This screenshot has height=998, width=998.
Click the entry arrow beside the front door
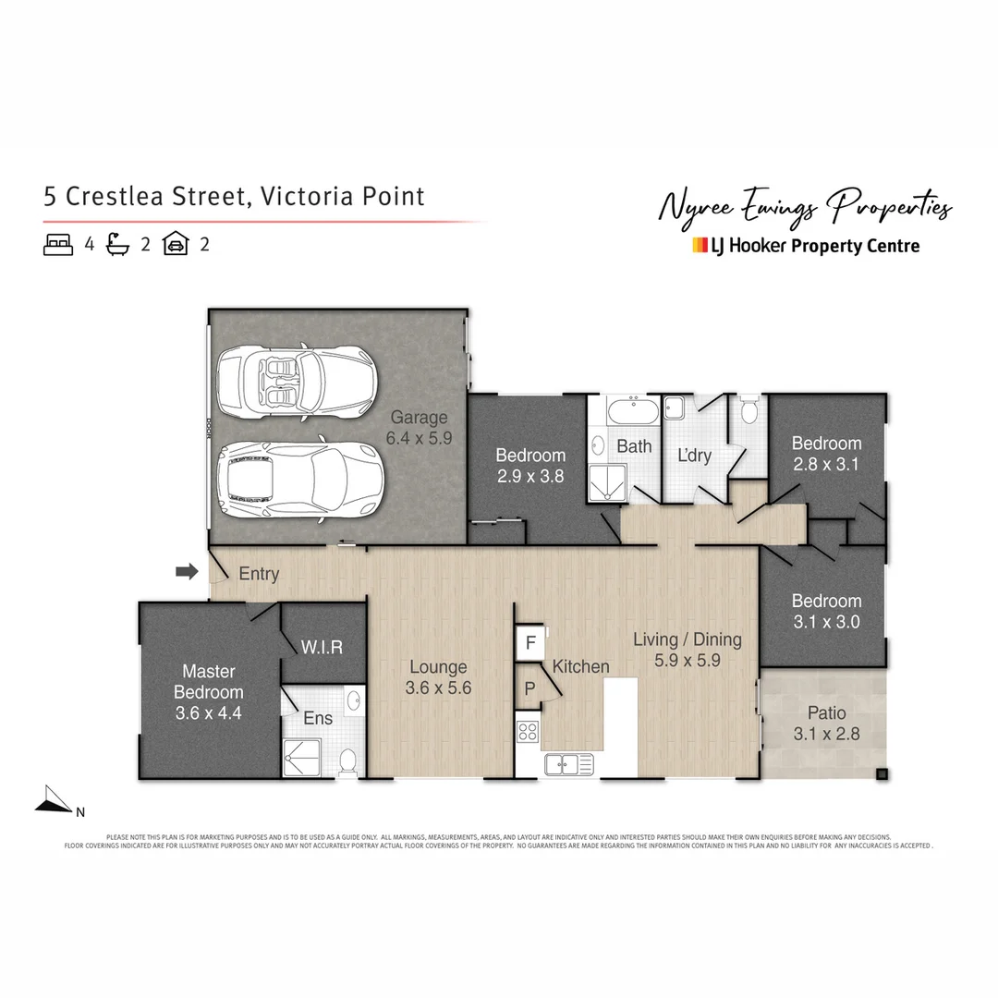tap(187, 572)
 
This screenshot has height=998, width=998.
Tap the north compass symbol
tap(55, 801)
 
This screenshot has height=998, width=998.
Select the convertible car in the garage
tap(294, 383)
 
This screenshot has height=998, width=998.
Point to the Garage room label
tap(418, 418)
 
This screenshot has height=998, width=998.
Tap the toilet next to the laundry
tap(749, 408)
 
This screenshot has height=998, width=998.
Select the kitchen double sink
tap(568, 763)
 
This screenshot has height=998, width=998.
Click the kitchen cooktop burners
tap(528, 732)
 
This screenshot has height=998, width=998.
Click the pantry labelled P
tap(529, 688)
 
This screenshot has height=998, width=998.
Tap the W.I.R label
tap(322, 647)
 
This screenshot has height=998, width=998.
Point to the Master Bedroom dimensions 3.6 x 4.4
tap(208, 712)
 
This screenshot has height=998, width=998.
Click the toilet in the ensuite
tap(347, 761)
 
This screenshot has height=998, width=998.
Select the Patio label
tap(826, 713)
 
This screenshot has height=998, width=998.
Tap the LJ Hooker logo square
tap(700, 246)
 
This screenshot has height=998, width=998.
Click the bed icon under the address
tap(58, 245)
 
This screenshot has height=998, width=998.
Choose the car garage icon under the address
tap(176, 245)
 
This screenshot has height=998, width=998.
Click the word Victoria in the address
tap(305, 196)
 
